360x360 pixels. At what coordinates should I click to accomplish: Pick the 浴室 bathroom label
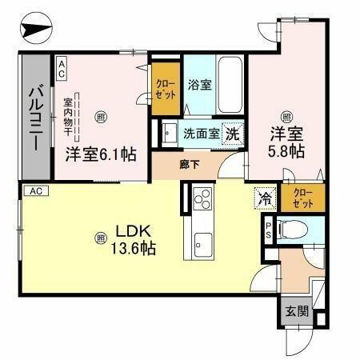[x=200, y=84]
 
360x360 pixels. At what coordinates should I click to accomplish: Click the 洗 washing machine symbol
[x=232, y=133]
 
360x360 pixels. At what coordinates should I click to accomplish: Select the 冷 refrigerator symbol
[x=262, y=198]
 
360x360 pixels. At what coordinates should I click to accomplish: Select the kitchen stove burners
[x=201, y=198]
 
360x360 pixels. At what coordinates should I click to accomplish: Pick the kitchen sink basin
[x=202, y=240]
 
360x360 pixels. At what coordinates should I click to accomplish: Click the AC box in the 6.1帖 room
[x=62, y=69]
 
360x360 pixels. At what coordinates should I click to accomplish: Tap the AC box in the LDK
[x=35, y=191]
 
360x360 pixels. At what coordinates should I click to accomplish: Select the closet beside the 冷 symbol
[x=302, y=197]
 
